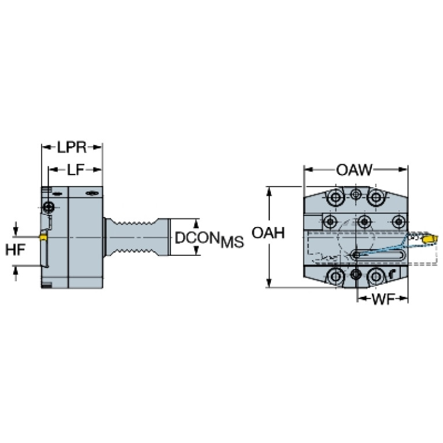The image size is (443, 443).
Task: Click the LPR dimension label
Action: tap(72, 147)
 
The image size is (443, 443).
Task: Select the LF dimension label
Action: tap(76, 170)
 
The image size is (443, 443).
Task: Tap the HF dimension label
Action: tap(15, 250)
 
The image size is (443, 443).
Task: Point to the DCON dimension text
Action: tap(197, 237)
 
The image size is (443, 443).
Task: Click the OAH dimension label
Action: tap(268, 233)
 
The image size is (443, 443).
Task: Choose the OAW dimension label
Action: tap(355, 170)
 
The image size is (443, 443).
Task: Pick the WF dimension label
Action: tap(384, 299)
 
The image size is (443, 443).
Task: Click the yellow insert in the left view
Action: tap(43, 237)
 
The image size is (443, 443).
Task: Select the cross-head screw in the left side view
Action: tap(49, 208)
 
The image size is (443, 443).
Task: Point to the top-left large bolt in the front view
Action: tap(336, 197)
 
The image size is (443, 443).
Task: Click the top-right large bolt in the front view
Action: tap(376, 197)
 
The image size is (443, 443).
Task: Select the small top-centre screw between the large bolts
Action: tap(356, 194)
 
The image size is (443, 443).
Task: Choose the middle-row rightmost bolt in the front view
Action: tap(399, 222)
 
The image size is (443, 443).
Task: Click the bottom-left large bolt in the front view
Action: tap(336, 276)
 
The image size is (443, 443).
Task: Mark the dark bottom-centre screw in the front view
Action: tap(356, 274)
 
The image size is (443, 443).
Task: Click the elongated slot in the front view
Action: tap(378, 255)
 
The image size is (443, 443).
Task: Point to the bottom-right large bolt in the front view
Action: tap(376, 276)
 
